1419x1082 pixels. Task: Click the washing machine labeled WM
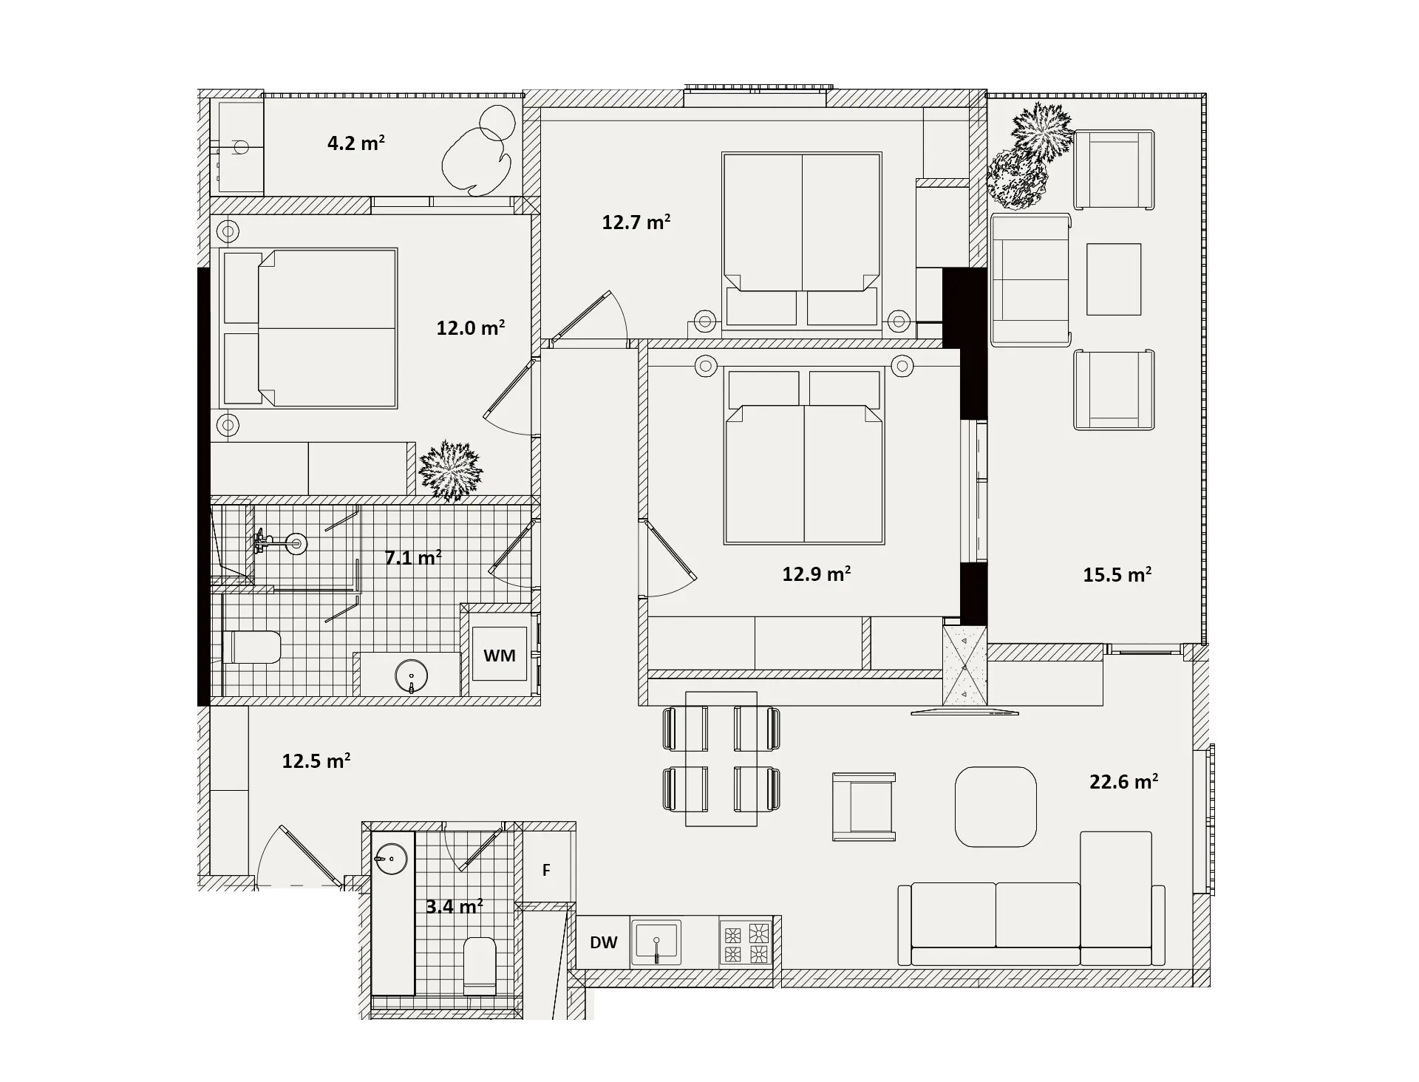(500, 654)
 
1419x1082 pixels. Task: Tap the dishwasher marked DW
(603, 942)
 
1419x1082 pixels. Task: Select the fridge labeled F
(547, 870)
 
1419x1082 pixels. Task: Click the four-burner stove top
(745, 942)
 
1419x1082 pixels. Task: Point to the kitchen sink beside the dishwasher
(656, 943)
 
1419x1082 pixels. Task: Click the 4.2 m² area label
(356, 143)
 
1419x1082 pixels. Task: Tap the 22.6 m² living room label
(1123, 781)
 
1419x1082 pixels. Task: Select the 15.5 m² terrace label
(1117, 574)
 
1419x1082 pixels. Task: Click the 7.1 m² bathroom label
(413, 557)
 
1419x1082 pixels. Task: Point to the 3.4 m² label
(455, 906)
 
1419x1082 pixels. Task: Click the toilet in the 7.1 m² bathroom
(251, 647)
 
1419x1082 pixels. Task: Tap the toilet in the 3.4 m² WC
(480, 966)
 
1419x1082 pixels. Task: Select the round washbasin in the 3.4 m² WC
(392, 860)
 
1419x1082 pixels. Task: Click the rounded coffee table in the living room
(996, 806)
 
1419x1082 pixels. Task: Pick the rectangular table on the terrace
(1114, 279)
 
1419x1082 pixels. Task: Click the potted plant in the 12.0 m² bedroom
(450, 470)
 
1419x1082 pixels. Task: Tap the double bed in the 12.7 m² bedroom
(802, 239)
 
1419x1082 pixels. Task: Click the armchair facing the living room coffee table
(864, 806)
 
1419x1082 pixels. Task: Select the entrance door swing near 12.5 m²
(299, 856)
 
